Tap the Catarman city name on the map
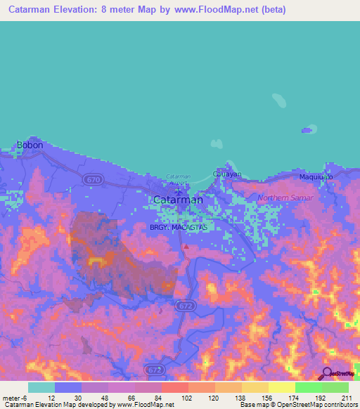click(x=178, y=200)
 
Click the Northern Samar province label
click(x=282, y=197)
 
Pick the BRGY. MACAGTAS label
click(x=177, y=228)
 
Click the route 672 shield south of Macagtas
click(x=185, y=306)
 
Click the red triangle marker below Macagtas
click(x=186, y=247)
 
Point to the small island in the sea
click(x=307, y=130)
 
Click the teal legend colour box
click(x=41, y=387)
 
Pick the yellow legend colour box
click(x=281, y=387)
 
